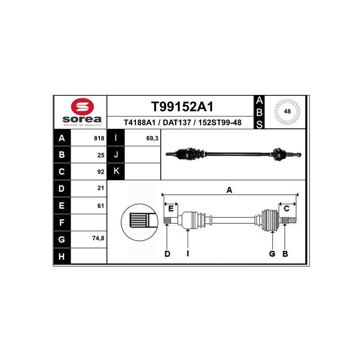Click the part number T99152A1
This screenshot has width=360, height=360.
[182, 107]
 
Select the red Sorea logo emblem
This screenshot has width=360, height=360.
[82, 106]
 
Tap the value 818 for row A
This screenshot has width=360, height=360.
[99, 138]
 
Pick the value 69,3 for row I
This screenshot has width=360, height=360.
[152, 138]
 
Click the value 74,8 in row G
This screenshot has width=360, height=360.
[98, 238]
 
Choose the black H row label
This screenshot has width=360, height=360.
[62, 256]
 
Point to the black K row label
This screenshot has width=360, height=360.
[116, 171]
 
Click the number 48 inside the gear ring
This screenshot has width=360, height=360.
[287, 111]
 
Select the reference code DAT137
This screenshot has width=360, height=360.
[177, 122]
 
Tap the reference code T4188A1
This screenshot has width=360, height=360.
[139, 122]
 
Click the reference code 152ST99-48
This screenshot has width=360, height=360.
[220, 122]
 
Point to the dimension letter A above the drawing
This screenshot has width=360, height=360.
[229, 190]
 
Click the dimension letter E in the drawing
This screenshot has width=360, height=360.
[171, 208]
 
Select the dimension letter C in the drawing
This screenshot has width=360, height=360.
[287, 208]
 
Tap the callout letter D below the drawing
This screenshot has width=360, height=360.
[167, 254]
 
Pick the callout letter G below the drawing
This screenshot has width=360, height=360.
[272, 254]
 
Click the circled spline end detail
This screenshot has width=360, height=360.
[139, 222]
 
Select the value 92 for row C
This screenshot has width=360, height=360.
[101, 172]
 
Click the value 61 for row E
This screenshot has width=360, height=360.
[101, 206]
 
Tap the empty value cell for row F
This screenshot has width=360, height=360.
[89, 222]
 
